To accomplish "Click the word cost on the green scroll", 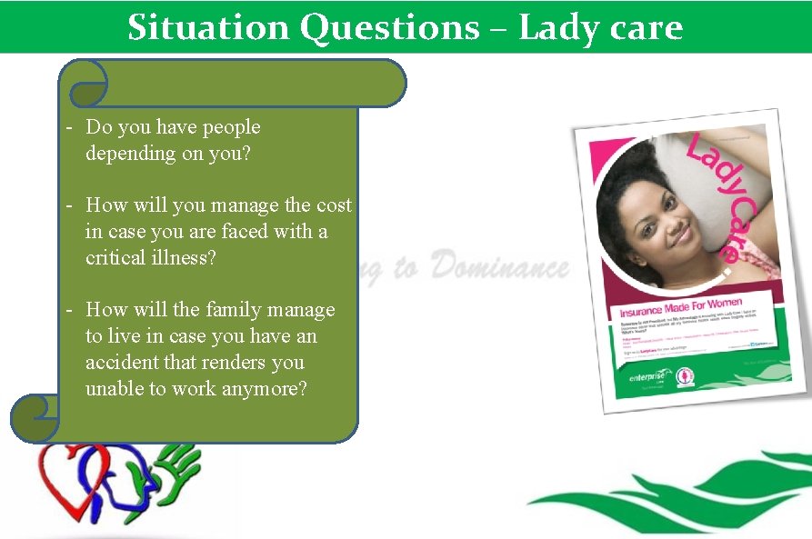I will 334,205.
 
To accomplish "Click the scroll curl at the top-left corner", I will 87,85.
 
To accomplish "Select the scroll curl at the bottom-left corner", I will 35,419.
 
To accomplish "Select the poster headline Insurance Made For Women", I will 681,308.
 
